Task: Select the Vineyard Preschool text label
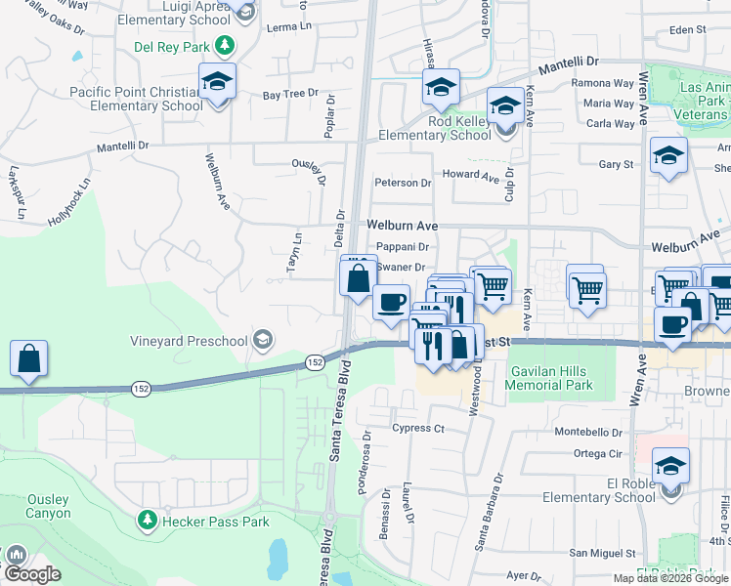pyautogui.click(x=190, y=341)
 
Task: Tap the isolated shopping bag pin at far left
pyautogui.click(x=29, y=358)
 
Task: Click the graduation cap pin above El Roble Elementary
pyautogui.click(x=671, y=465)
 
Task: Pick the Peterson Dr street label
pyautogui.click(x=403, y=183)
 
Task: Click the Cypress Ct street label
pyautogui.click(x=418, y=428)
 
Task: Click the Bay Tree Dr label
pyautogui.click(x=291, y=94)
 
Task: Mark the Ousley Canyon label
pyautogui.click(x=49, y=506)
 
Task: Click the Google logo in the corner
pyautogui.click(x=32, y=574)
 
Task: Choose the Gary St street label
pyautogui.click(x=616, y=165)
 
